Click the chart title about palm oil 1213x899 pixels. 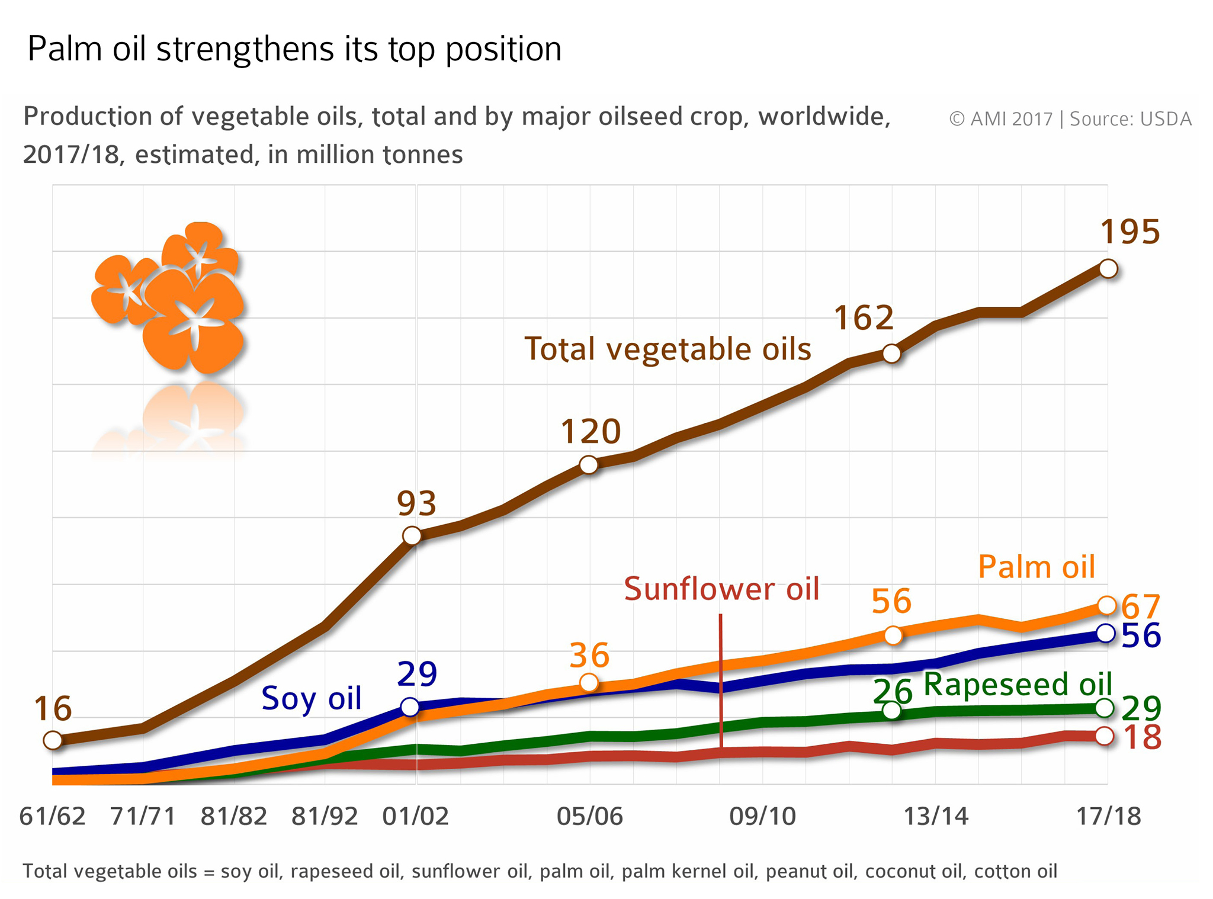[294, 49]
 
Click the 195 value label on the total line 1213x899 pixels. [1129, 232]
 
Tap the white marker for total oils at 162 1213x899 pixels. [891, 354]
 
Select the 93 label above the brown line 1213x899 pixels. [416, 504]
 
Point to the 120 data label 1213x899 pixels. [591, 431]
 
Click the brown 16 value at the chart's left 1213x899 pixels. [53, 708]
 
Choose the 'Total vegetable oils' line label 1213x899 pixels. [668, 349]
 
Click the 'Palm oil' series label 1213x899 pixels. [1036, 567]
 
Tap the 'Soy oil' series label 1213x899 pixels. [311, 698]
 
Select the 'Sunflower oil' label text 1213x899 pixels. [721, 589]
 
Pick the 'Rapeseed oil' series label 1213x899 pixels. [1018, 684]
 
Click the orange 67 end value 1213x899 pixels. [1141, 607]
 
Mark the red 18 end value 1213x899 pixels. [1142, 738]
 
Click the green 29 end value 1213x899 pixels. [1141, 708]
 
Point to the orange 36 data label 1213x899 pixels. [589, 655]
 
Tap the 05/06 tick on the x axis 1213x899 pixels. [589, 816]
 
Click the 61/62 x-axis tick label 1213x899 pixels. [53, 816]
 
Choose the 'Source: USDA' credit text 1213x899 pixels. [1130, 119]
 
